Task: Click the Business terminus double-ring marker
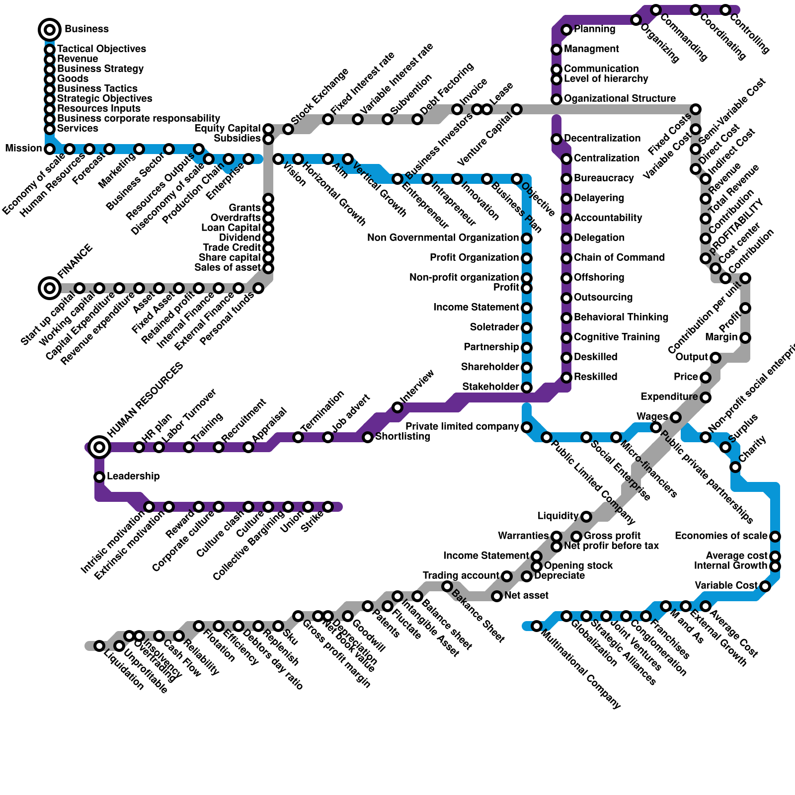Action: pos(50,30)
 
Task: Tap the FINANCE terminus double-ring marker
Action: pos(50,288)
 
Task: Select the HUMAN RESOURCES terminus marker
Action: pos(100,447)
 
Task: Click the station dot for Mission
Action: pos(50,149)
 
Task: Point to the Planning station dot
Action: pos(566,30)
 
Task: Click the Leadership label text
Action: pos(133,477)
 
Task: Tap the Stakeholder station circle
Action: pos(527,388)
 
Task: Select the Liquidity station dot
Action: pos(586,517)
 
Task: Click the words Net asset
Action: pos(526,595)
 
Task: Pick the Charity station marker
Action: pos(735,467)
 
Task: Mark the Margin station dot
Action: pos(745,338)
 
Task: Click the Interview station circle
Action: pos(397,407)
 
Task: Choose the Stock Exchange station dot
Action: pos(288,129)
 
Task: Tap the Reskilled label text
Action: pos(595,377)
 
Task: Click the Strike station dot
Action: pos(328,507)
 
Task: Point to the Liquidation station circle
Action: pos(99,646)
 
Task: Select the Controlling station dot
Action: pos(725,10)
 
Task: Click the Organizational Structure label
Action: pos(620,99)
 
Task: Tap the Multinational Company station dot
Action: pos(537,626)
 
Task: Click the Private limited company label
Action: pos(462,427)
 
